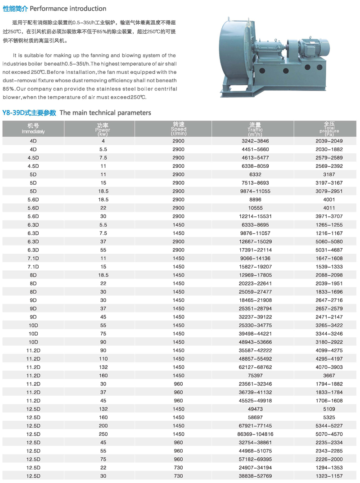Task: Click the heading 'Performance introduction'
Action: tap(68, 9)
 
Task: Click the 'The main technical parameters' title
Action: tap(105, 113)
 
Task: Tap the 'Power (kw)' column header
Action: tap(103, 129)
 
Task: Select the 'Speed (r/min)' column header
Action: tap(179, 129)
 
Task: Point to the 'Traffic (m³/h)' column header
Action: tap(255, 130)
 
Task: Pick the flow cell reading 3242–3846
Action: tap(255, 141)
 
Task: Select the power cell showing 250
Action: tap(103, 434)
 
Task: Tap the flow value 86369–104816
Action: tap(255, 434)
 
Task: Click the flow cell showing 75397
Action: tap(255, 376)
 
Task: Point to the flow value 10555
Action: tap(255, 207)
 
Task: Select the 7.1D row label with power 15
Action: tap(33, 266)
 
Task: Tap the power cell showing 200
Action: tap(103, 425)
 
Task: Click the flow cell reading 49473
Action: tap(255, 409)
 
